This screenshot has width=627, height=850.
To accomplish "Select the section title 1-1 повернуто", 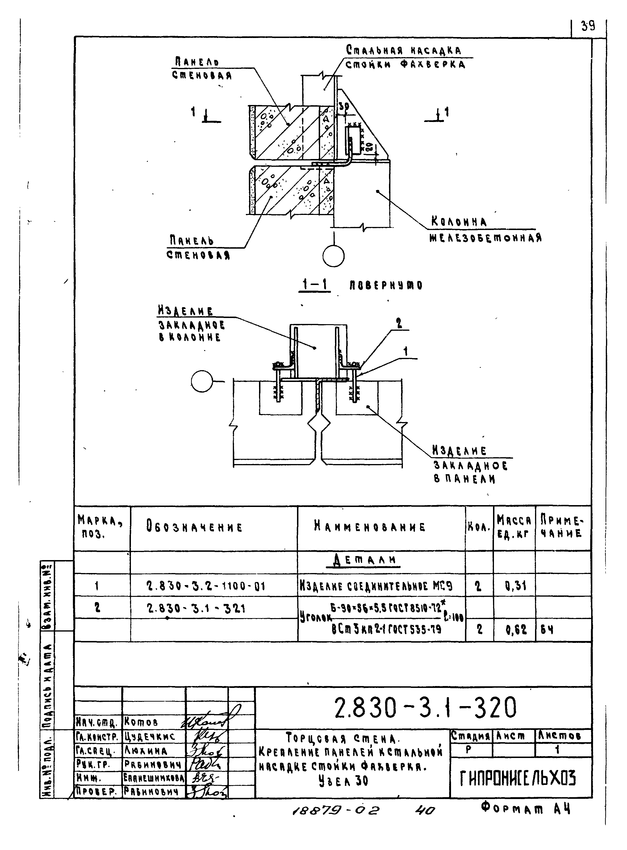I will (x=361, y=285).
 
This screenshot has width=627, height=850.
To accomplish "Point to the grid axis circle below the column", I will (x=333, y=256).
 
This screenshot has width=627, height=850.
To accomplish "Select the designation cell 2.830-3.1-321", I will (x=196, y=609).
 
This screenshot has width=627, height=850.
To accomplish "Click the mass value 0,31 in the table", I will (x=515, y=586).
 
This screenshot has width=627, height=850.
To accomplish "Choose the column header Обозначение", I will (x=194, y=528).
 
